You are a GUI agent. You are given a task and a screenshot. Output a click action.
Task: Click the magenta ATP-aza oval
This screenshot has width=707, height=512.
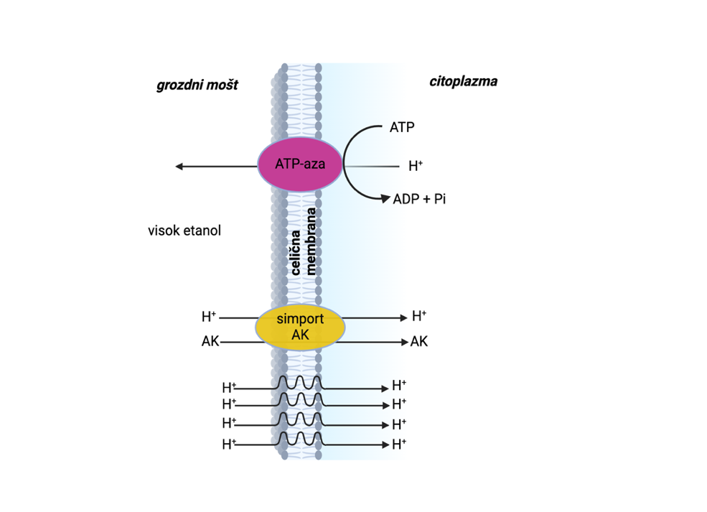point(300,164)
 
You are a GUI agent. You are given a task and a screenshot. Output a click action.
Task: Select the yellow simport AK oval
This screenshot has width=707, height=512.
point(300,327)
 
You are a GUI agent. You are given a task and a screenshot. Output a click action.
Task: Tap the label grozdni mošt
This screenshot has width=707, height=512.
point(197,85)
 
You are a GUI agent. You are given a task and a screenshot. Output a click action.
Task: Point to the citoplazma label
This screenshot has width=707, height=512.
point(463,81)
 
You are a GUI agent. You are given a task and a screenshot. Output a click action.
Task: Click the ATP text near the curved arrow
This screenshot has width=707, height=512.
point(402,128)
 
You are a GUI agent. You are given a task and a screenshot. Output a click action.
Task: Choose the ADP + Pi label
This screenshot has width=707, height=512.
point(419,199)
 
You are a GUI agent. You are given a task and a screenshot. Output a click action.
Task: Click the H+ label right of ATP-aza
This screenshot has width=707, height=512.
point(416,167)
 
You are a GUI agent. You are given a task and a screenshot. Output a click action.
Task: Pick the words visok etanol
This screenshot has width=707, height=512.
point(184,231)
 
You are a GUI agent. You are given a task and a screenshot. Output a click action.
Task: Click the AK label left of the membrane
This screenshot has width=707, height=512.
point(210,342)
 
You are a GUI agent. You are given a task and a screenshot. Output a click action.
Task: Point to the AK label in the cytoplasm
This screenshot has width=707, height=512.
point(419,342)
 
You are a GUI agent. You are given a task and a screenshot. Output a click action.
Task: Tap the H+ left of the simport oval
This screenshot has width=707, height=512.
point(209,316)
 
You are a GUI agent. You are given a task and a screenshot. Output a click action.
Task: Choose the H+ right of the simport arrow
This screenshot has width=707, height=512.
point(419,316)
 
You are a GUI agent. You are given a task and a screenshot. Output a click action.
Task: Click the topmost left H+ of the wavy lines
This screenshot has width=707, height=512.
point(229,388)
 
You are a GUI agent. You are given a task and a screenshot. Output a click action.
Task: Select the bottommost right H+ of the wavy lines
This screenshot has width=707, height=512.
point(399,444)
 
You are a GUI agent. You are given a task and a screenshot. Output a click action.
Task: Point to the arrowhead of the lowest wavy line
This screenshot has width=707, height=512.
point(385,444)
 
